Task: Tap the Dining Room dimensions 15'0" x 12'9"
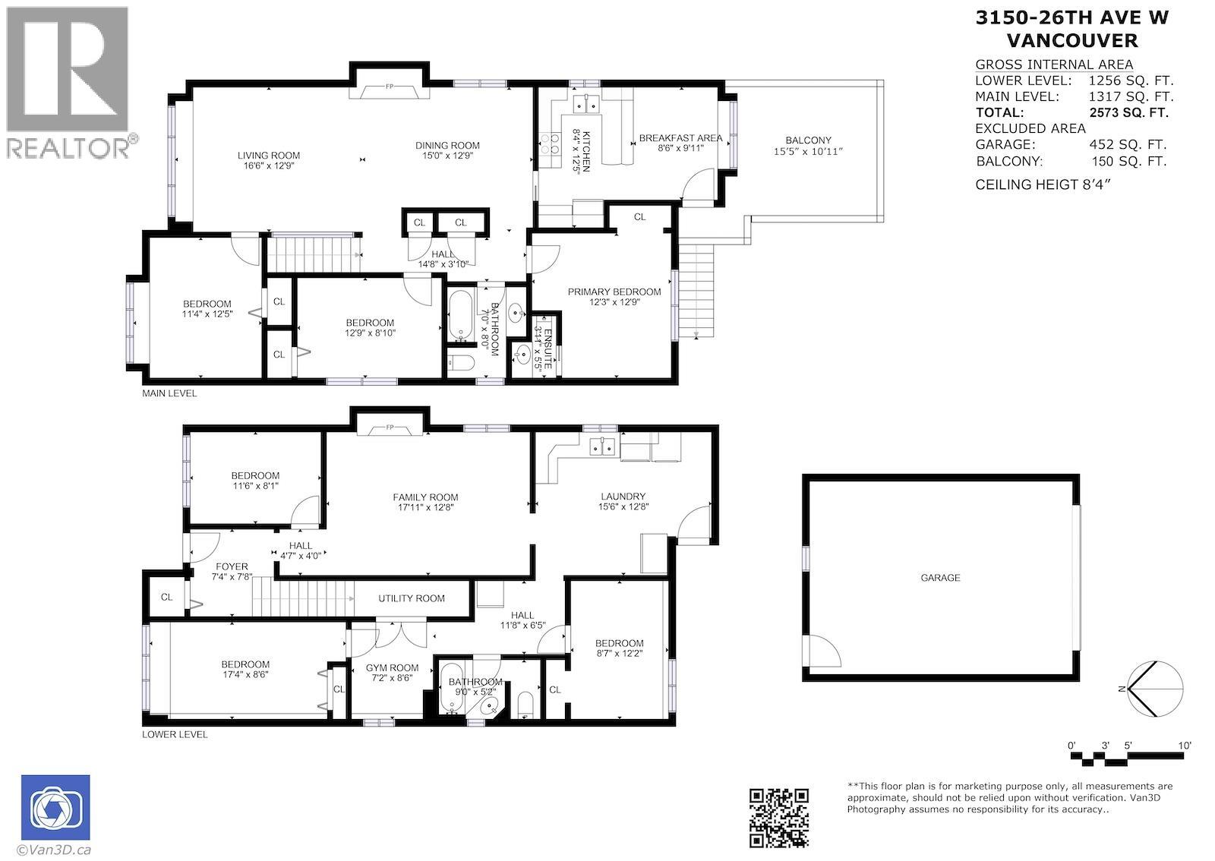[x=447, y=156]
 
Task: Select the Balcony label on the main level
[x=808, y=140]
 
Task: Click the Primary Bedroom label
[x=614, y=292]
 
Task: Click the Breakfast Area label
[x=680, y=137]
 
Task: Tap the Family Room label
[x=425, y=497]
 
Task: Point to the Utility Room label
[x=412, y=598]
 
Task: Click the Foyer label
[x=232, y=566]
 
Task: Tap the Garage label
[x=940, y=578]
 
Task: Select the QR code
[x=778, y=817]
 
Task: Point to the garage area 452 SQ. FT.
[x=1128, y=144]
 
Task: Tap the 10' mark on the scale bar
[x=1185, y=746]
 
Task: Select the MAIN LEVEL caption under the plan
[x=169, y=393]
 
